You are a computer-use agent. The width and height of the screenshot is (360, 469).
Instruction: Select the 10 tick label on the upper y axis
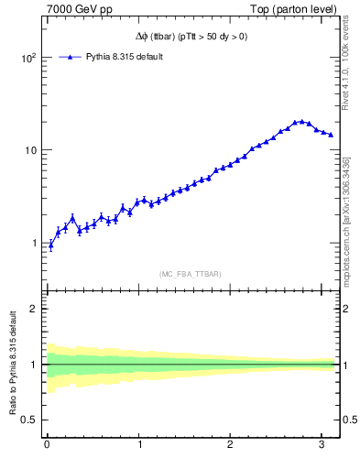point(30,150)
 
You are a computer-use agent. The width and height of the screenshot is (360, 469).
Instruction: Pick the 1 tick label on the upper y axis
point(34,244)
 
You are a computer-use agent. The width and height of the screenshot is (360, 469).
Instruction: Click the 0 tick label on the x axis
point(47,446)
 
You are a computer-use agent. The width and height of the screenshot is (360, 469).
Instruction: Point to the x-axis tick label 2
point(231,446)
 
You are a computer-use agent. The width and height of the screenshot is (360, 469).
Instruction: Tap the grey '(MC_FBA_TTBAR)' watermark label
point(191,274)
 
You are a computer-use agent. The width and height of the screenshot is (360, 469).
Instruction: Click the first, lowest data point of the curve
point(50,245)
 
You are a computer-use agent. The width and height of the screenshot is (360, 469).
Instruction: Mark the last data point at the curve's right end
point(331,135)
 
